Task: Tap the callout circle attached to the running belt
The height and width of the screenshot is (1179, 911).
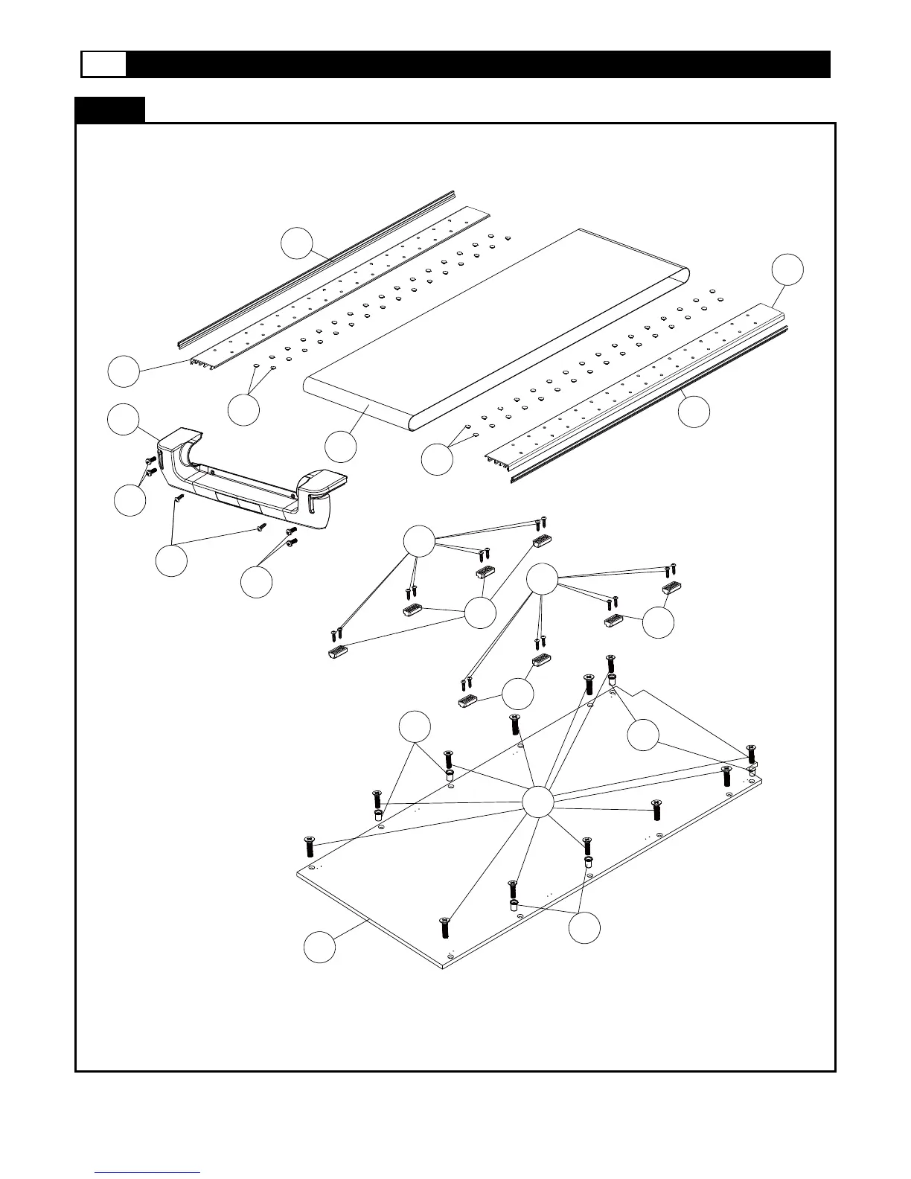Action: pos(342,447)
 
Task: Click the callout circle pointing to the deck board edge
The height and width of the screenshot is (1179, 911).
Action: pos(319,948)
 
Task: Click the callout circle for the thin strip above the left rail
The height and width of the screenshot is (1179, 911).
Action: pos(296,243)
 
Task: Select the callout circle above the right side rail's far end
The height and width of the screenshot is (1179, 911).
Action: pos(787,269)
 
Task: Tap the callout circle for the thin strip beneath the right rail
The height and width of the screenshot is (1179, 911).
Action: pos(694,412)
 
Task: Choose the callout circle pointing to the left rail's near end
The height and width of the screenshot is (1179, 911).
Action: pos(123,371)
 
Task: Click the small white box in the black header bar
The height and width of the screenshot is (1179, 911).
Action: pos(103,65)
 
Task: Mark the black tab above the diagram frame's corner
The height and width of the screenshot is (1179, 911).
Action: pos(109,109)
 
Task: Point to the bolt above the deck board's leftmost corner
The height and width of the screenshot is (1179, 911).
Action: pos(310,846)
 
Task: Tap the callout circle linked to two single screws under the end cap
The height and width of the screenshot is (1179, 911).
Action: pos(171,560)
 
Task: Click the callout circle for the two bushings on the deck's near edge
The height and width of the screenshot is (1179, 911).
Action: pos(584,927)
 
